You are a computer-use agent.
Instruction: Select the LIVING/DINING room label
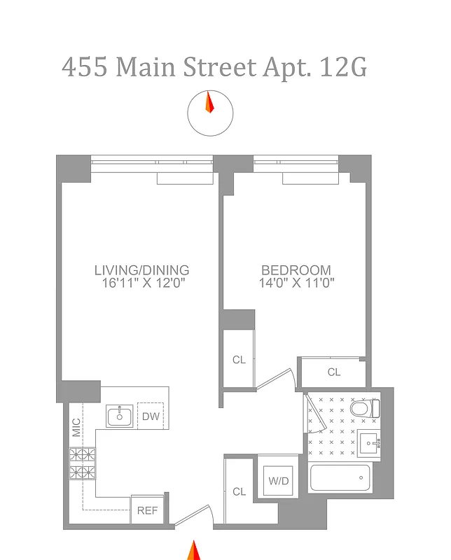[142, 270]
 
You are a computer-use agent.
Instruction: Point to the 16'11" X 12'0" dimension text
[142, 283]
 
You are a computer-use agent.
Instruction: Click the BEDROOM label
[296, 270]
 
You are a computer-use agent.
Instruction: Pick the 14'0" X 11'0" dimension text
[296, 283]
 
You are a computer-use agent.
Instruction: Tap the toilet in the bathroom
[365, 408]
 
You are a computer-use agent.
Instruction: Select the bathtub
[340, 479]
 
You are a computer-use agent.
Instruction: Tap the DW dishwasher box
[151, 416]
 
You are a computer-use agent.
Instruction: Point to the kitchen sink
[120, 416]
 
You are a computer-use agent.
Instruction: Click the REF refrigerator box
[147, 510]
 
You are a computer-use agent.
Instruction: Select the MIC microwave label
[76, 427]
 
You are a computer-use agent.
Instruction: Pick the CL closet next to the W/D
[240, 491]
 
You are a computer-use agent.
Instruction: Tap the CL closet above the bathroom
[334, 372]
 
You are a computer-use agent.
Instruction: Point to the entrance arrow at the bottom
[193, 550]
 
